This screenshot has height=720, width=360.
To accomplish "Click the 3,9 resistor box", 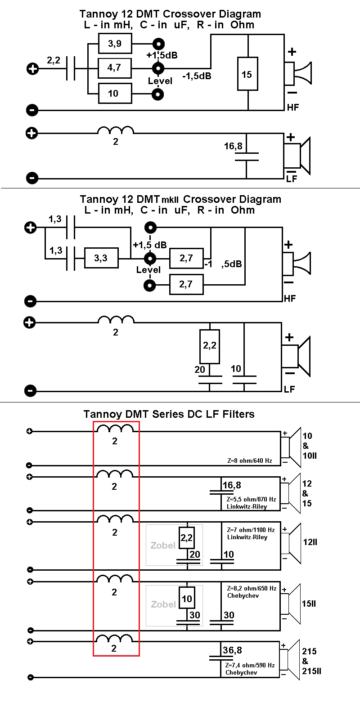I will pos(115,44).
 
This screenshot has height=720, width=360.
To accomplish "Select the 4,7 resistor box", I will pos(115,68).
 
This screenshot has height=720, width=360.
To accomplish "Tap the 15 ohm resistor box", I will pos(247,74).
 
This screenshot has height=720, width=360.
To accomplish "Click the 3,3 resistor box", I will pos(101,258).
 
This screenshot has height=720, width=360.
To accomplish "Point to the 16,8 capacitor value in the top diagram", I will pos(233,146).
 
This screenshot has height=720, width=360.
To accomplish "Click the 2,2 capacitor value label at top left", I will pos(54,60).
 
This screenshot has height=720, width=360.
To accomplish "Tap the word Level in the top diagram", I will pos(160,81).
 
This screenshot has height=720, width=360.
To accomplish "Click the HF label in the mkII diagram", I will pos(290,298).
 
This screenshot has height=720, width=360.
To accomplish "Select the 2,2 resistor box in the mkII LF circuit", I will pos(210,346).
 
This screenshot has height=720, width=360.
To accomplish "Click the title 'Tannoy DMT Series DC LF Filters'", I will pos(169,414).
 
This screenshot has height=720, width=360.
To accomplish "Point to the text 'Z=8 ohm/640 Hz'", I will pos(249,461).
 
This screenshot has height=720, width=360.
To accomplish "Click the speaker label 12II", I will pos(310,542).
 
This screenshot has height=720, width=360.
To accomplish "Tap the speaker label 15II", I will pos(309,604).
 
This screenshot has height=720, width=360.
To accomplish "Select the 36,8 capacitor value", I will pos(232,650).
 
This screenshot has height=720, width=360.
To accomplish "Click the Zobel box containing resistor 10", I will pos(174,605).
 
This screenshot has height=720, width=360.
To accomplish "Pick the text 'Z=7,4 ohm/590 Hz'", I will pos(250,665).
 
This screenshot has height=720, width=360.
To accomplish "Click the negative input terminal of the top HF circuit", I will pos(32,110).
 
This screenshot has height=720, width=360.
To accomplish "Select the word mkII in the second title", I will pos(171,200).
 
